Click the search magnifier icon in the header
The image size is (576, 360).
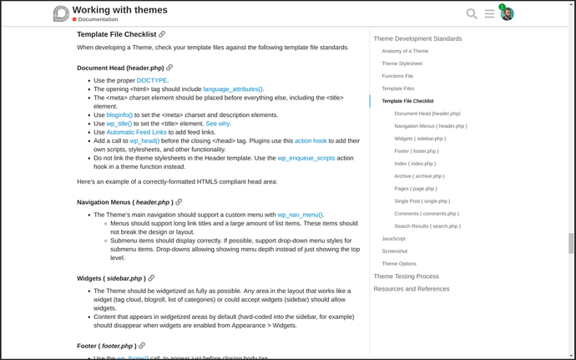472,13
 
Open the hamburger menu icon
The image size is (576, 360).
489,13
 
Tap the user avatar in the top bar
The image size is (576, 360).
507,14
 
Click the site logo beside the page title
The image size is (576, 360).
61,13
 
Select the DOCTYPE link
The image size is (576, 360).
152,80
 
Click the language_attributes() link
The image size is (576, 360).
233,89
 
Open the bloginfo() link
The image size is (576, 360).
119,114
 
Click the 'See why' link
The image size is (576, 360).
218,124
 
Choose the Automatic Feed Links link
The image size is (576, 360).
136,132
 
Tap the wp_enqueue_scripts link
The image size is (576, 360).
306,158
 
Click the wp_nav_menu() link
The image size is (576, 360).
300,215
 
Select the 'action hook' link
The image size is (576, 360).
311,140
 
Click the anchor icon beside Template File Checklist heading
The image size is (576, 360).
162,34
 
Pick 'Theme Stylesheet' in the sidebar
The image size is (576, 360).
402,63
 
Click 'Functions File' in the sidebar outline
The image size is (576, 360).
397,76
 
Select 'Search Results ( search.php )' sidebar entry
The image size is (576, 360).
427,226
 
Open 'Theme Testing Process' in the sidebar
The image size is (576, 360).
406,276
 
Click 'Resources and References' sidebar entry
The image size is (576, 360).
411,288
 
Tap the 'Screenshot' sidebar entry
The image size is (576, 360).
394,251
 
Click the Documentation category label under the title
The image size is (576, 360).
98,19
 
